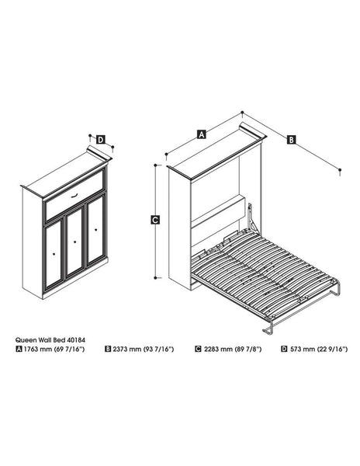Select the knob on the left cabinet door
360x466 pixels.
pos(53,252)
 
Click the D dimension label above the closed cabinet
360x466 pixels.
pos(102,141)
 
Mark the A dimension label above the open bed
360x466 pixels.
pos(202,134)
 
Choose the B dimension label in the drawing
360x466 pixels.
pos(291,140)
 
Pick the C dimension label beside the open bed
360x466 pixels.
pos(155,220)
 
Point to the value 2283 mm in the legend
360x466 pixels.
pos(218,349)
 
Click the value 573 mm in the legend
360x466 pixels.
pos(301,349)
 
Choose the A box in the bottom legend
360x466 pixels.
pos(19,349)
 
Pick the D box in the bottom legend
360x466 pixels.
pos(285,349)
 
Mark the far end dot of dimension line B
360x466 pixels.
pos(339,169)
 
